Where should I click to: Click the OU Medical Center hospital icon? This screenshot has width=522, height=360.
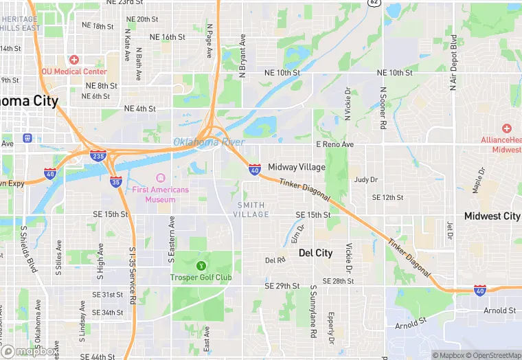pos(74,60)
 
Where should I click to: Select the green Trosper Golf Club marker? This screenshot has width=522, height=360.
pos(201,265)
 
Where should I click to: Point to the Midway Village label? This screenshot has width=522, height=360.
pos(297,167)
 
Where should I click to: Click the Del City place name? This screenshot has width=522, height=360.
pos(316,253)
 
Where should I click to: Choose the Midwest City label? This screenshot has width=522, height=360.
pos(492,216)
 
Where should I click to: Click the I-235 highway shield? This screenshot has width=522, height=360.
pos(98,156)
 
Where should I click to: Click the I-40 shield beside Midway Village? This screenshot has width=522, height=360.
pos(254,169)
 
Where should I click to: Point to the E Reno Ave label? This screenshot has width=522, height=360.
pos(334,144)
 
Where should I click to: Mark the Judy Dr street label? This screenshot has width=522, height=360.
pos(365,180)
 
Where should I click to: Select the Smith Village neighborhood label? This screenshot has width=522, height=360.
pos(252,210)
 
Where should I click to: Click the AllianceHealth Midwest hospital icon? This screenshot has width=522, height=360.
pos(506,128)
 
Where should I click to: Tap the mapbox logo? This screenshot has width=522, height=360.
pos(30,351)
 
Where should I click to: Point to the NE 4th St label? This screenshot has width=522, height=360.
pos(140,109)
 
